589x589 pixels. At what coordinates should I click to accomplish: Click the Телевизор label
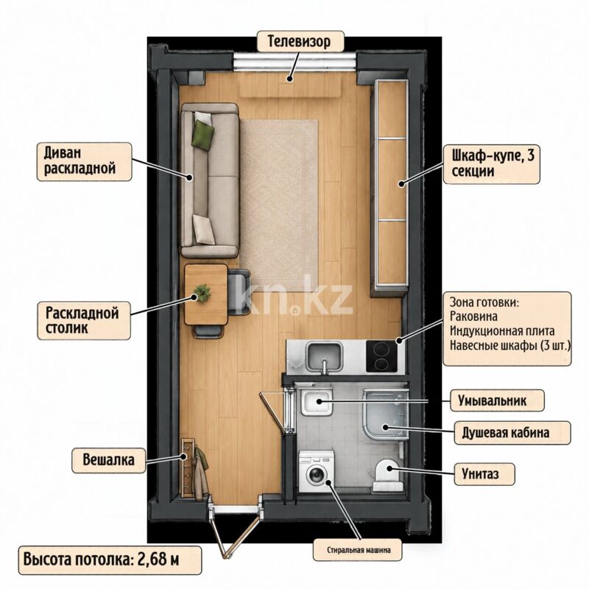[x=300, y=41]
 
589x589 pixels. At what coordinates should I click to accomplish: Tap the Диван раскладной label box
[x=84, y=161]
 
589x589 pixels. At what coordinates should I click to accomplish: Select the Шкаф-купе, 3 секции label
[x=491, y=163]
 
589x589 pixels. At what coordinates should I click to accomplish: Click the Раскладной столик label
[x=84, y=321]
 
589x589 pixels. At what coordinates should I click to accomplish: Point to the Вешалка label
[x=108, y=459]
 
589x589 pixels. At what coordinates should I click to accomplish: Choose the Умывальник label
[x=496, y=401]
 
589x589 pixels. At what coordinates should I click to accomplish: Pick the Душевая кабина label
[x=512, y=433]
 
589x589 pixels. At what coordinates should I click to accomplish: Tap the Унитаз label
[x=484, y=474]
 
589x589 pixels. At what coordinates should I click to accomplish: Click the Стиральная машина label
[x=358, y=550]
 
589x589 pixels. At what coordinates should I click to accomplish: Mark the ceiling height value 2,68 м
[x=158, y=560]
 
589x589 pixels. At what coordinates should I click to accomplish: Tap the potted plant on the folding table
[x=202, y=292]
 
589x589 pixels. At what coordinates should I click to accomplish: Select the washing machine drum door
[x=316, y=474]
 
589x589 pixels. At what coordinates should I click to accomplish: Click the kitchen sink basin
[x=324, y=356]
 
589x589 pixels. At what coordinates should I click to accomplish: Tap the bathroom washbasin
[x=317, y=402]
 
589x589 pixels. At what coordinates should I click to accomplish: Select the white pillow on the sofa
[x=204, y=230]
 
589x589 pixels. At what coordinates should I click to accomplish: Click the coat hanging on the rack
[x=201, y=474]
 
